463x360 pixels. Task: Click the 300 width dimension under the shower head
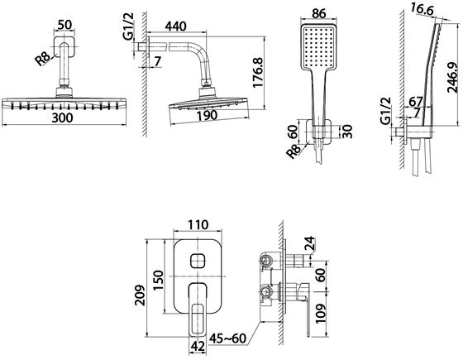click(62, 118)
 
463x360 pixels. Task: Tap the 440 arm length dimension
click(175, 26)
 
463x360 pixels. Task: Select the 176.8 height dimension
click(258, 73)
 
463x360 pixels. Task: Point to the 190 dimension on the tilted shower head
click(208, 115)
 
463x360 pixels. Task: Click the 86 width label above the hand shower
click(318, 13)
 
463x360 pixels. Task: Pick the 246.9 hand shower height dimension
click(452, 77)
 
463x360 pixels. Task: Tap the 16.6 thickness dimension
click(422, 10)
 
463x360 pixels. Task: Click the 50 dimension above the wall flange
click(64, 25)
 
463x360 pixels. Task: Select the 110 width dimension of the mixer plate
click(198, 225)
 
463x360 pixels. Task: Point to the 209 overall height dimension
click(140, 295)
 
